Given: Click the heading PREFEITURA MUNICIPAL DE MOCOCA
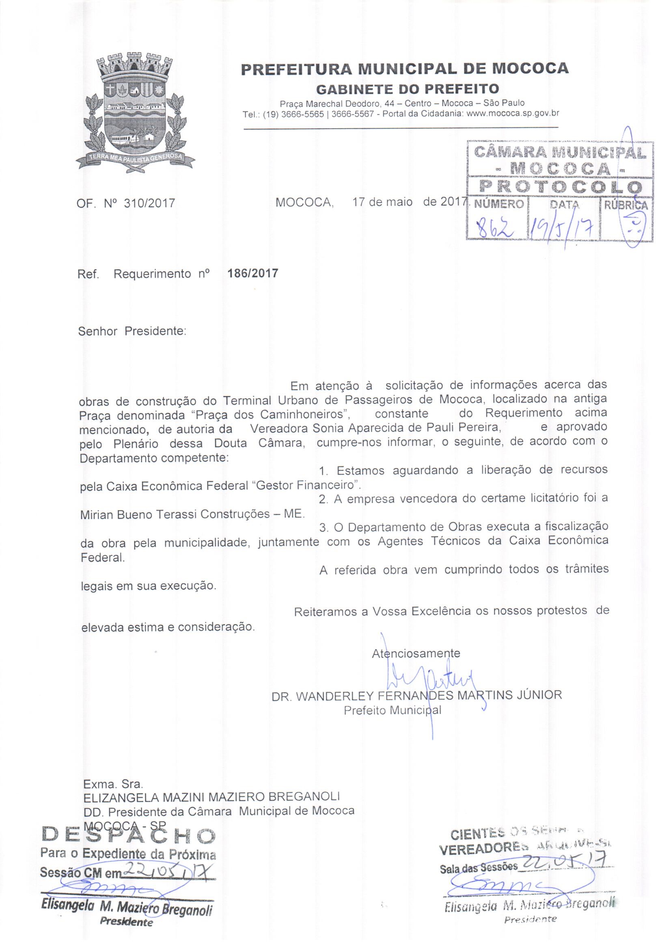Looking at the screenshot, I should click(404, 68).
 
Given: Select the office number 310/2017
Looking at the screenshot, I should click(149, 203).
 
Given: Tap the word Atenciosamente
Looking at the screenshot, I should click(416, 654).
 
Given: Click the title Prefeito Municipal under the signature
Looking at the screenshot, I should click(393, 710).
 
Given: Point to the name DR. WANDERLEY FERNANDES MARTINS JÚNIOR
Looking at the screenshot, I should click(416, 695).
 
